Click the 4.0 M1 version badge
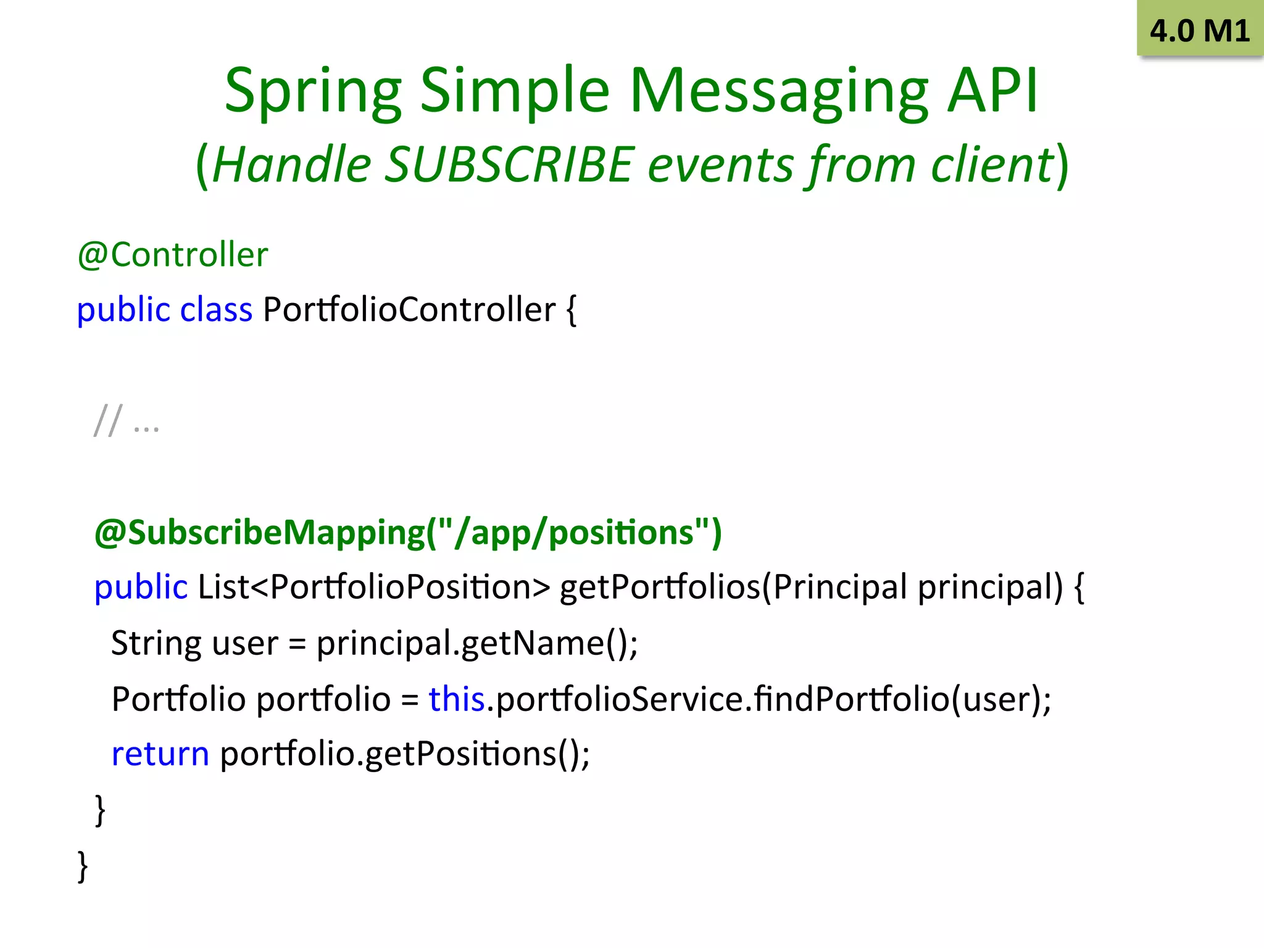click(1200, 30)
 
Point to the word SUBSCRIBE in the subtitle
click(509, 165)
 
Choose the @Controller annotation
click(173, 255)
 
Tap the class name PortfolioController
click(409, 310)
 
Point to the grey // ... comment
click(127, 422)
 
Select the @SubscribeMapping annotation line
click(408, 532)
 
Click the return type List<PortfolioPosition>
click(373, 587)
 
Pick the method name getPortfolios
click(660, 587)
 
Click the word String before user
click(156, 643)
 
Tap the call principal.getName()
click(477, 643)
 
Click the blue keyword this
click(457, 699)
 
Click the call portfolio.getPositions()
click(405, 754)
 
